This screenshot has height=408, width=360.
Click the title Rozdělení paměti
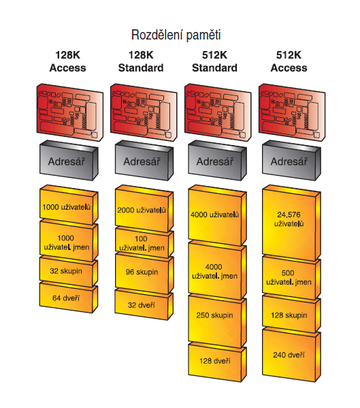coord(176,34)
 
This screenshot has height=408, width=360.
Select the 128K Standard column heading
coord(141,61)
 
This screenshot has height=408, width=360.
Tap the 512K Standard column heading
coord(214,61)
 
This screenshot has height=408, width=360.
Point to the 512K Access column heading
coord(291,61)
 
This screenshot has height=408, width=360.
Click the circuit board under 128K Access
coord(67,109)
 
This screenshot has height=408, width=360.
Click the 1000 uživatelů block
coord(66,206)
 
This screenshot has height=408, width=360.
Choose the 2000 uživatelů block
coord(141,210)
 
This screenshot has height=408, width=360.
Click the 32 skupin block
coord(66,270)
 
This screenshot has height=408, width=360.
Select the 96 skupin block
coord(141,271)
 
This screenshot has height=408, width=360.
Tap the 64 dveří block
coord(66,298)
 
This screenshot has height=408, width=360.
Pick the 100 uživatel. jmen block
coord(141,242)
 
